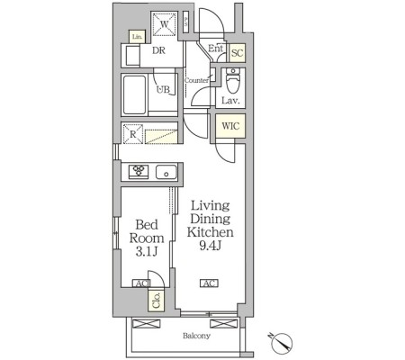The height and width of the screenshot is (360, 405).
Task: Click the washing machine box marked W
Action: pyautogui.click(x=164, y=24)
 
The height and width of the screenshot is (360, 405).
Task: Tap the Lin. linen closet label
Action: pyautogui.click(x=137, y=37)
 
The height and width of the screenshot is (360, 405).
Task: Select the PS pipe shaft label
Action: pyautogui.click(x=185, y=22)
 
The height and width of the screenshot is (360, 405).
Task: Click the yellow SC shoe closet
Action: pyautogui.click(x=237, y=53)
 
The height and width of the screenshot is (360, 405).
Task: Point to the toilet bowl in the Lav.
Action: pyautogui.click(x=233, y=82)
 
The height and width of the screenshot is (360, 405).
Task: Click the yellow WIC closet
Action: pyautogui.click(x=230, y=126)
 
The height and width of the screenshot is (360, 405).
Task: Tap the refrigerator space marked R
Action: pyautogui.click(x=133, y=134)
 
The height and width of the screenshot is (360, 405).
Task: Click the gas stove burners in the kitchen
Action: pyautogui.click(x=139, y=172)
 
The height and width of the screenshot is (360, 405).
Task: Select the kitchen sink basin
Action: pyautogui.click(x=166, y=172)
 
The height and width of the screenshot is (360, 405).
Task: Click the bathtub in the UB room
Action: pyautogui.click(x=135, y=94)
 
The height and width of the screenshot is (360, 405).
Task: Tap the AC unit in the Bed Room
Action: pyautogui.click(x=141, y=283)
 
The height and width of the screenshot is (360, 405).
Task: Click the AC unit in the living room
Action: pyautogui.click(x=210, y=283)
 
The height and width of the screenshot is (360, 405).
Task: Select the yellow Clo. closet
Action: pyautogui.click(x=156, y=301)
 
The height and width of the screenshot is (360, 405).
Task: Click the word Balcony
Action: pyautogui.click(x=196, y=336)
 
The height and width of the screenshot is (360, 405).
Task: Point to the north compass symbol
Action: pyautogui.click(x=282, y=343)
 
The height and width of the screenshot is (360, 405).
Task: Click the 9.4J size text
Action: pyautogui.click(x=211, y=246)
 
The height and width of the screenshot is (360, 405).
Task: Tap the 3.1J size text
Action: pyautogui.click(x=147, y=252)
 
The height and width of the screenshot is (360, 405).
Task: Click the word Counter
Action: pyautogui.click(x=196, y=80)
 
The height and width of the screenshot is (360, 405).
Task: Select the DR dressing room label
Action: pyautogui.click(x=158, y=50)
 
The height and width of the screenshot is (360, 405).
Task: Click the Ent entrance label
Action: pyautogui.click(x=215, y=48)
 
